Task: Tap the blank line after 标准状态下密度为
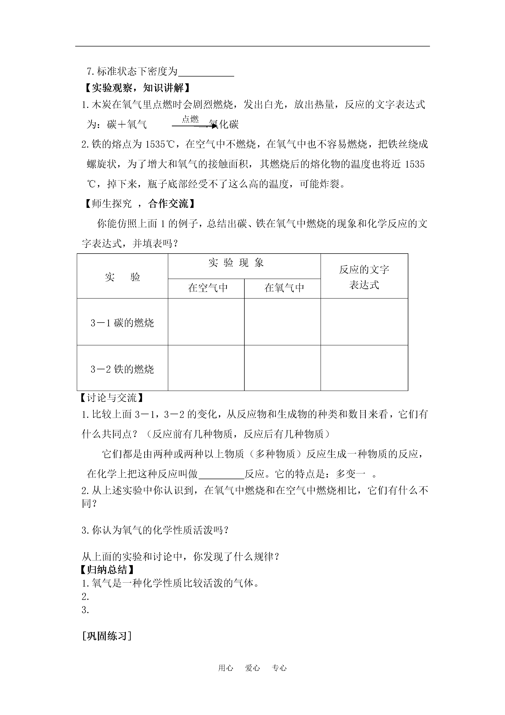(206, 72)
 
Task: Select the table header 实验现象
(236, 263)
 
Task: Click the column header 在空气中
(207, 288)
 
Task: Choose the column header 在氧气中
(284, 288)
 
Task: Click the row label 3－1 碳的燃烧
(122, 323)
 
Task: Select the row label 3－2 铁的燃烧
(122, 369)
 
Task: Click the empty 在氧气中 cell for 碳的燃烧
(282, 322)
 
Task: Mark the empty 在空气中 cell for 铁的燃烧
(206, 368)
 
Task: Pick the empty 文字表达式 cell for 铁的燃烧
(364, 368)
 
